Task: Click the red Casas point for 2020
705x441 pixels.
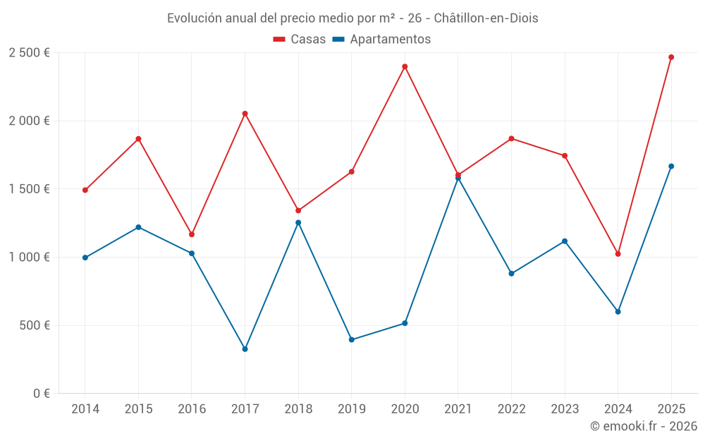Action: point(405,66)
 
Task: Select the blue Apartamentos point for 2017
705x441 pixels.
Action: point(245,349)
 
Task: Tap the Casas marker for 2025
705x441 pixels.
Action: point(671,57)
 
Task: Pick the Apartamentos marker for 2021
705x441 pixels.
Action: point(458,178)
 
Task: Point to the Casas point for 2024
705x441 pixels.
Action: point(618,254)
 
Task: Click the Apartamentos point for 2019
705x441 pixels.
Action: point(352,339)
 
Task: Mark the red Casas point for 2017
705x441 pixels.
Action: point(245,114)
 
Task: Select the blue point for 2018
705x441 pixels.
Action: point(298,222)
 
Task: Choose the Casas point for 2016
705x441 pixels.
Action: point(192,234)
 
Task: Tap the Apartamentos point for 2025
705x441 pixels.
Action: point(671,167)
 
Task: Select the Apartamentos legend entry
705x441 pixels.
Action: point(381,40)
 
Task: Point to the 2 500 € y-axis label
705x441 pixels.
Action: point(29,53)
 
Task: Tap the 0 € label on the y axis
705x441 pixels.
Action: point(41,394)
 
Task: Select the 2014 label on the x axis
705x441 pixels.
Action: point(85,409)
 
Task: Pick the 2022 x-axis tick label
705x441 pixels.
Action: point(511,409)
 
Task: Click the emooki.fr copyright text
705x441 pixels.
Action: point(643,426)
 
